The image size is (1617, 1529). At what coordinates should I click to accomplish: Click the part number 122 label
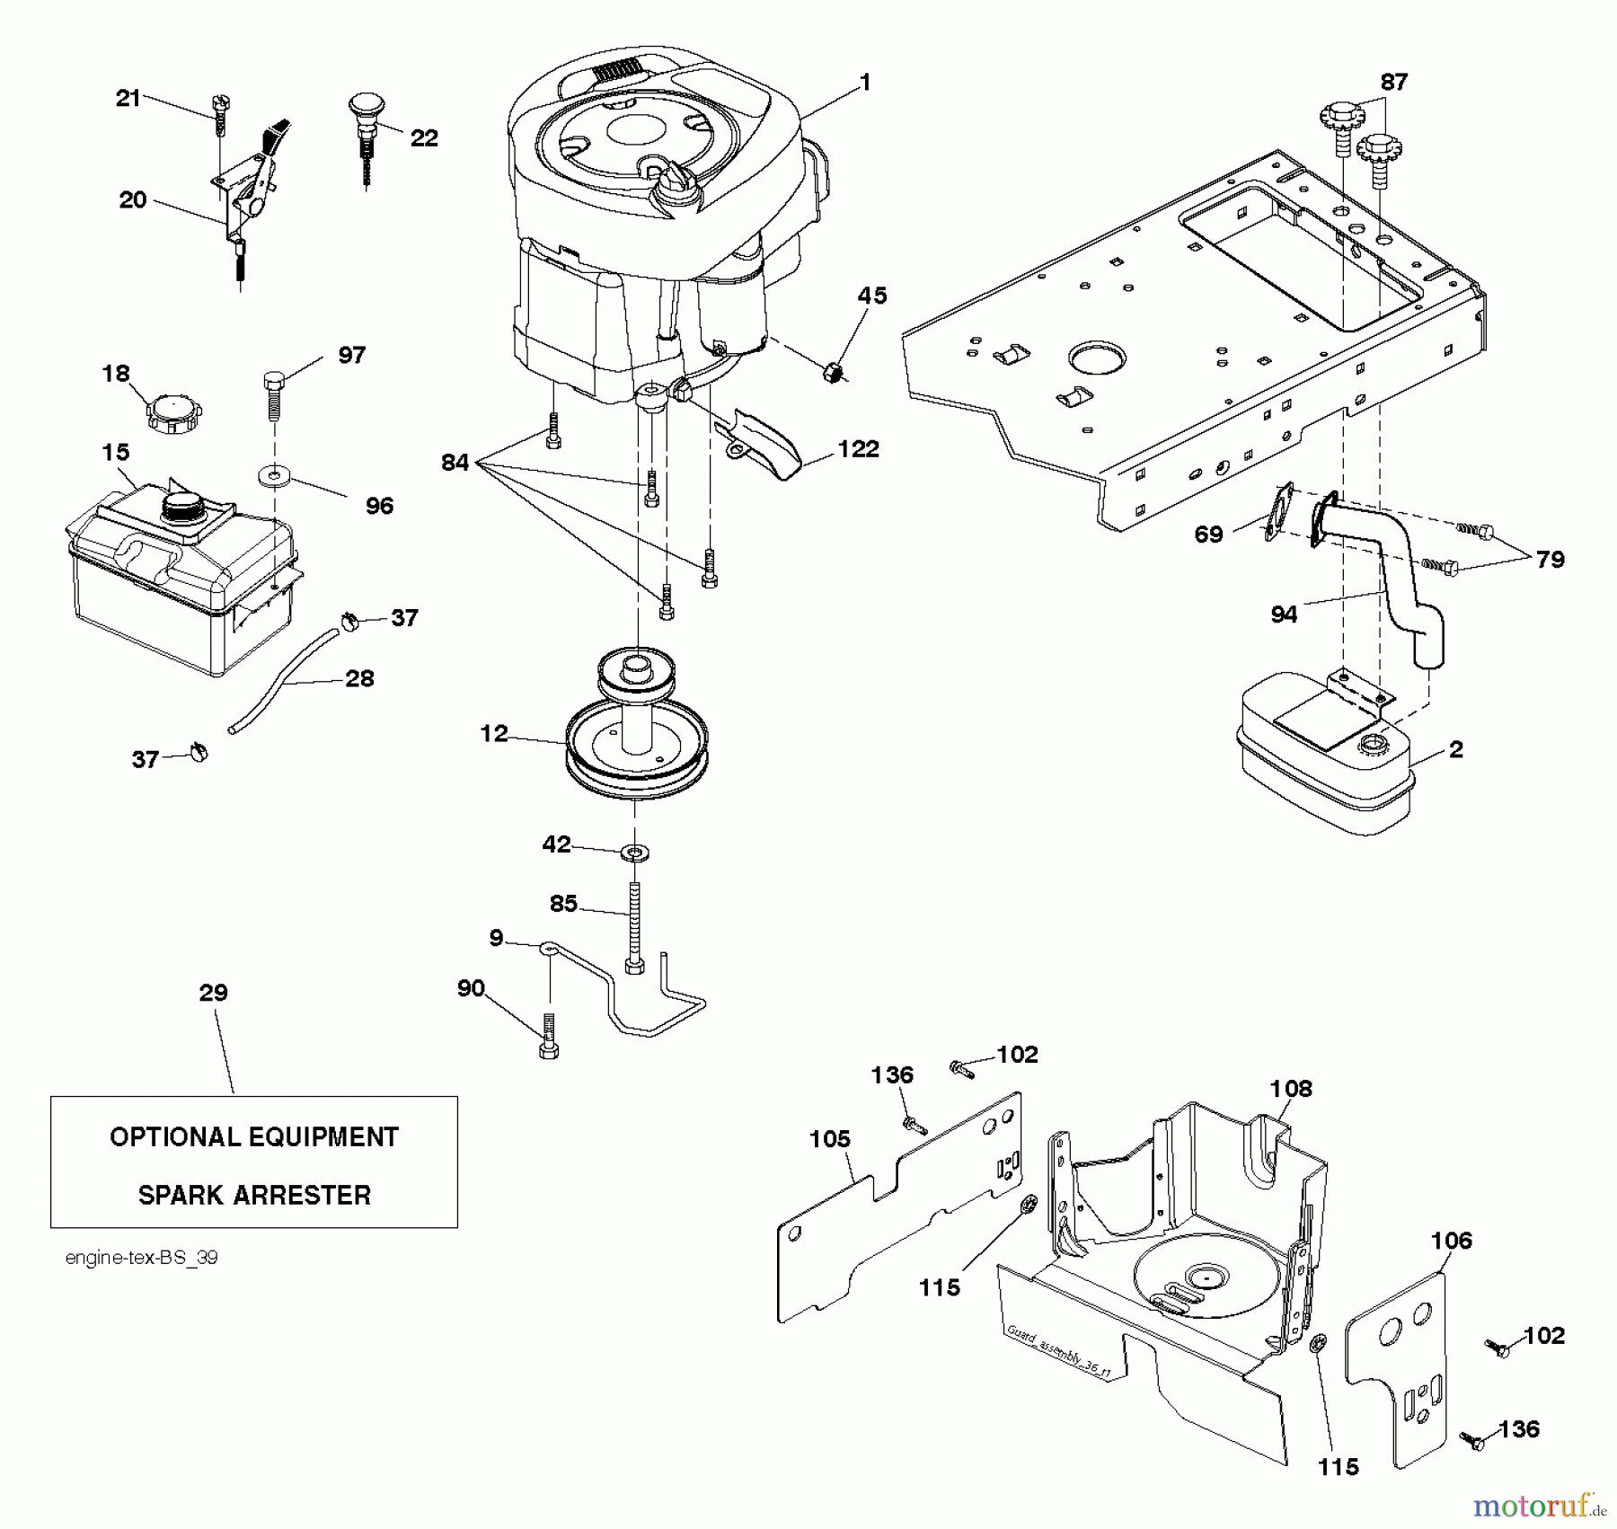pos(858,449)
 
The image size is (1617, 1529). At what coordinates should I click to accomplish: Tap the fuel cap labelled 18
pos(173,413)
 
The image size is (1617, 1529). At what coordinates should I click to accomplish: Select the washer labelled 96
pos(273,474)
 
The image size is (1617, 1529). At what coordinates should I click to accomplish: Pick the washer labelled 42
pos(634,851)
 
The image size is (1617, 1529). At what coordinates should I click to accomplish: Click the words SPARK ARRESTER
pos(254,1195)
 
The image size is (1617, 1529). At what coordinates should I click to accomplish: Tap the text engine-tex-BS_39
pos(141,1258)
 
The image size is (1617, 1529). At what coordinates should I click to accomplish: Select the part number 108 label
pos(1291,1089)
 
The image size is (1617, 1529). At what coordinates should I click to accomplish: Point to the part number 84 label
pos(455,463)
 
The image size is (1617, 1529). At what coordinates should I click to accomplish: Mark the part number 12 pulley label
pos(494,734)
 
